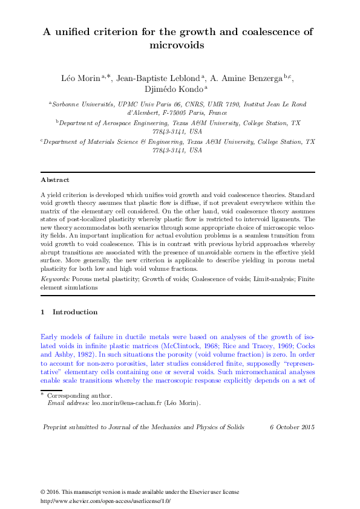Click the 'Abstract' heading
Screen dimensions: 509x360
coord(54,180)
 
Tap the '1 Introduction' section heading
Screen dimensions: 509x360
coord(69,312)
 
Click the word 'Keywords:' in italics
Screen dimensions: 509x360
coord(55,279)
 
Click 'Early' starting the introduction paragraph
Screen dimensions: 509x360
coord(49,336)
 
